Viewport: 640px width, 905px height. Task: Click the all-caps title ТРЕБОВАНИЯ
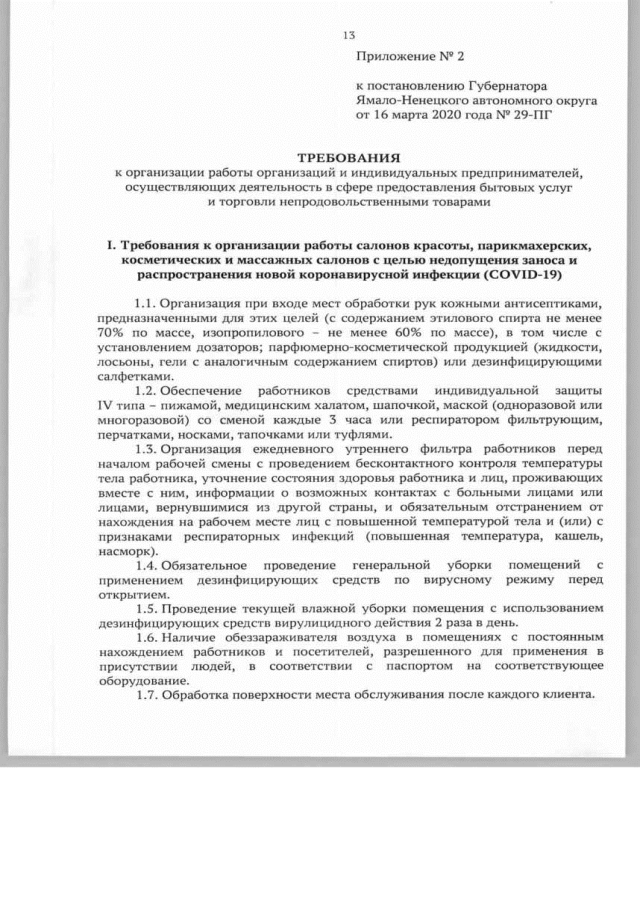(x=349, y=158)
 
